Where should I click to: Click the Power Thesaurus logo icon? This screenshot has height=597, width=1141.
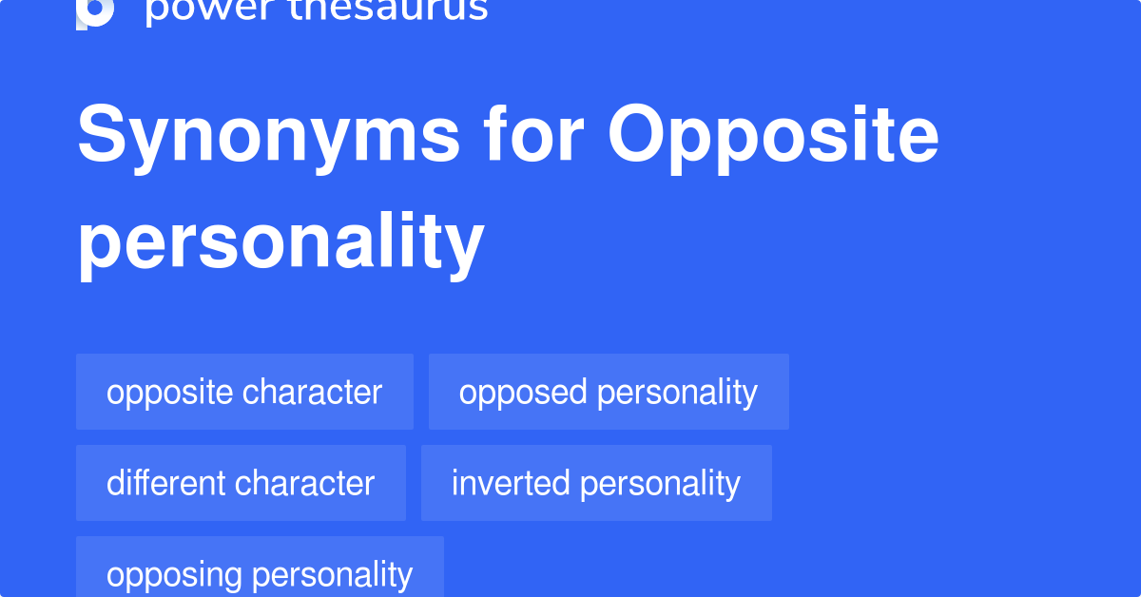tap(95, 11)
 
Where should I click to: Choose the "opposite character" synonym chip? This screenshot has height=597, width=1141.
tap(244, 392)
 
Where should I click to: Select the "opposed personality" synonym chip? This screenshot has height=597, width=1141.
tap(609, 392)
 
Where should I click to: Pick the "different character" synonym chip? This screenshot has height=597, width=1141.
tap(241, 483)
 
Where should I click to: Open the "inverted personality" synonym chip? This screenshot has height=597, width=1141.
tap(596, 483)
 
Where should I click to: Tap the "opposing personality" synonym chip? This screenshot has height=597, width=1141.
tap(260, 574)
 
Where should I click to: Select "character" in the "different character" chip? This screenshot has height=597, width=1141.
tap(305, 483)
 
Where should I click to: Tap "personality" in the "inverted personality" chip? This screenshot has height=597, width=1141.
tap(660, 483)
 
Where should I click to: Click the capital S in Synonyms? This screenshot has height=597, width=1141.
tap(102, 136)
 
